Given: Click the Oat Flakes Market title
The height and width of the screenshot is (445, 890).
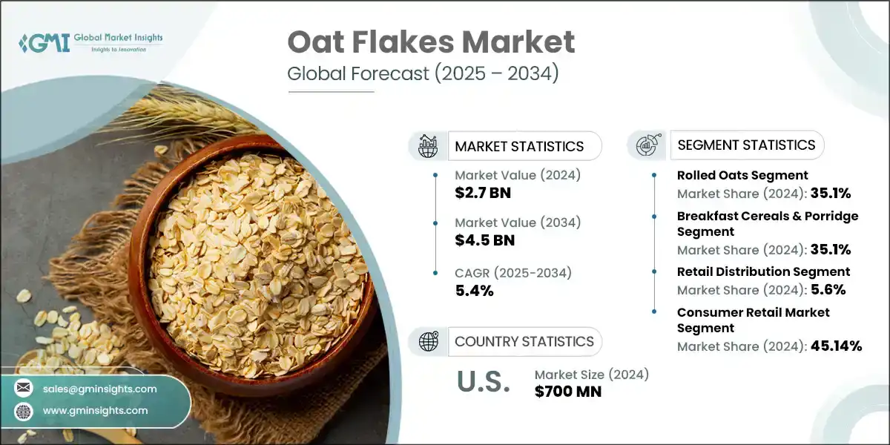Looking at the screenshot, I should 431,42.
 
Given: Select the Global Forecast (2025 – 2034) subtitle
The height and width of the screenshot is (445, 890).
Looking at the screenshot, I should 423,75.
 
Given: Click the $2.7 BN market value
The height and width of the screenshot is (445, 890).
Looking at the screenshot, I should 483,194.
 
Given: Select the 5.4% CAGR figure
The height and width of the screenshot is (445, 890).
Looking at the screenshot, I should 475,290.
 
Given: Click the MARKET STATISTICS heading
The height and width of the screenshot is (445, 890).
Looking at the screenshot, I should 519,146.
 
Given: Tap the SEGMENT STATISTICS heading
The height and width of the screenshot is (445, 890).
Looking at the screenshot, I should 746,145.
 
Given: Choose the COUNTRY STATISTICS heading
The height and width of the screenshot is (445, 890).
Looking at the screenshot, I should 524,341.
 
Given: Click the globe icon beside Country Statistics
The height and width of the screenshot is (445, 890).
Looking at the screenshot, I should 428,341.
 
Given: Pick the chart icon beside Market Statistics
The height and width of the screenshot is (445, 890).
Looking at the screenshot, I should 428,146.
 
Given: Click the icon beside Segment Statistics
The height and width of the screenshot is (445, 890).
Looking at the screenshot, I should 647,145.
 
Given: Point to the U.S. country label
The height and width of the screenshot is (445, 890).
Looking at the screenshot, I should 483,383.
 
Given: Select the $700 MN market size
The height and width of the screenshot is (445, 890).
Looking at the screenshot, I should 567,392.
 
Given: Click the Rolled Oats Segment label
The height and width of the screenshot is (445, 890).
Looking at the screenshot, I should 742,175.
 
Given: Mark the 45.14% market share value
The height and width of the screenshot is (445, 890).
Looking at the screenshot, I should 834,346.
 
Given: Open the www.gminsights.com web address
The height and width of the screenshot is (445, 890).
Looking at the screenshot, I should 95,410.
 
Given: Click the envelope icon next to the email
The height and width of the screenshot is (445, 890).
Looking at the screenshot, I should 24,388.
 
